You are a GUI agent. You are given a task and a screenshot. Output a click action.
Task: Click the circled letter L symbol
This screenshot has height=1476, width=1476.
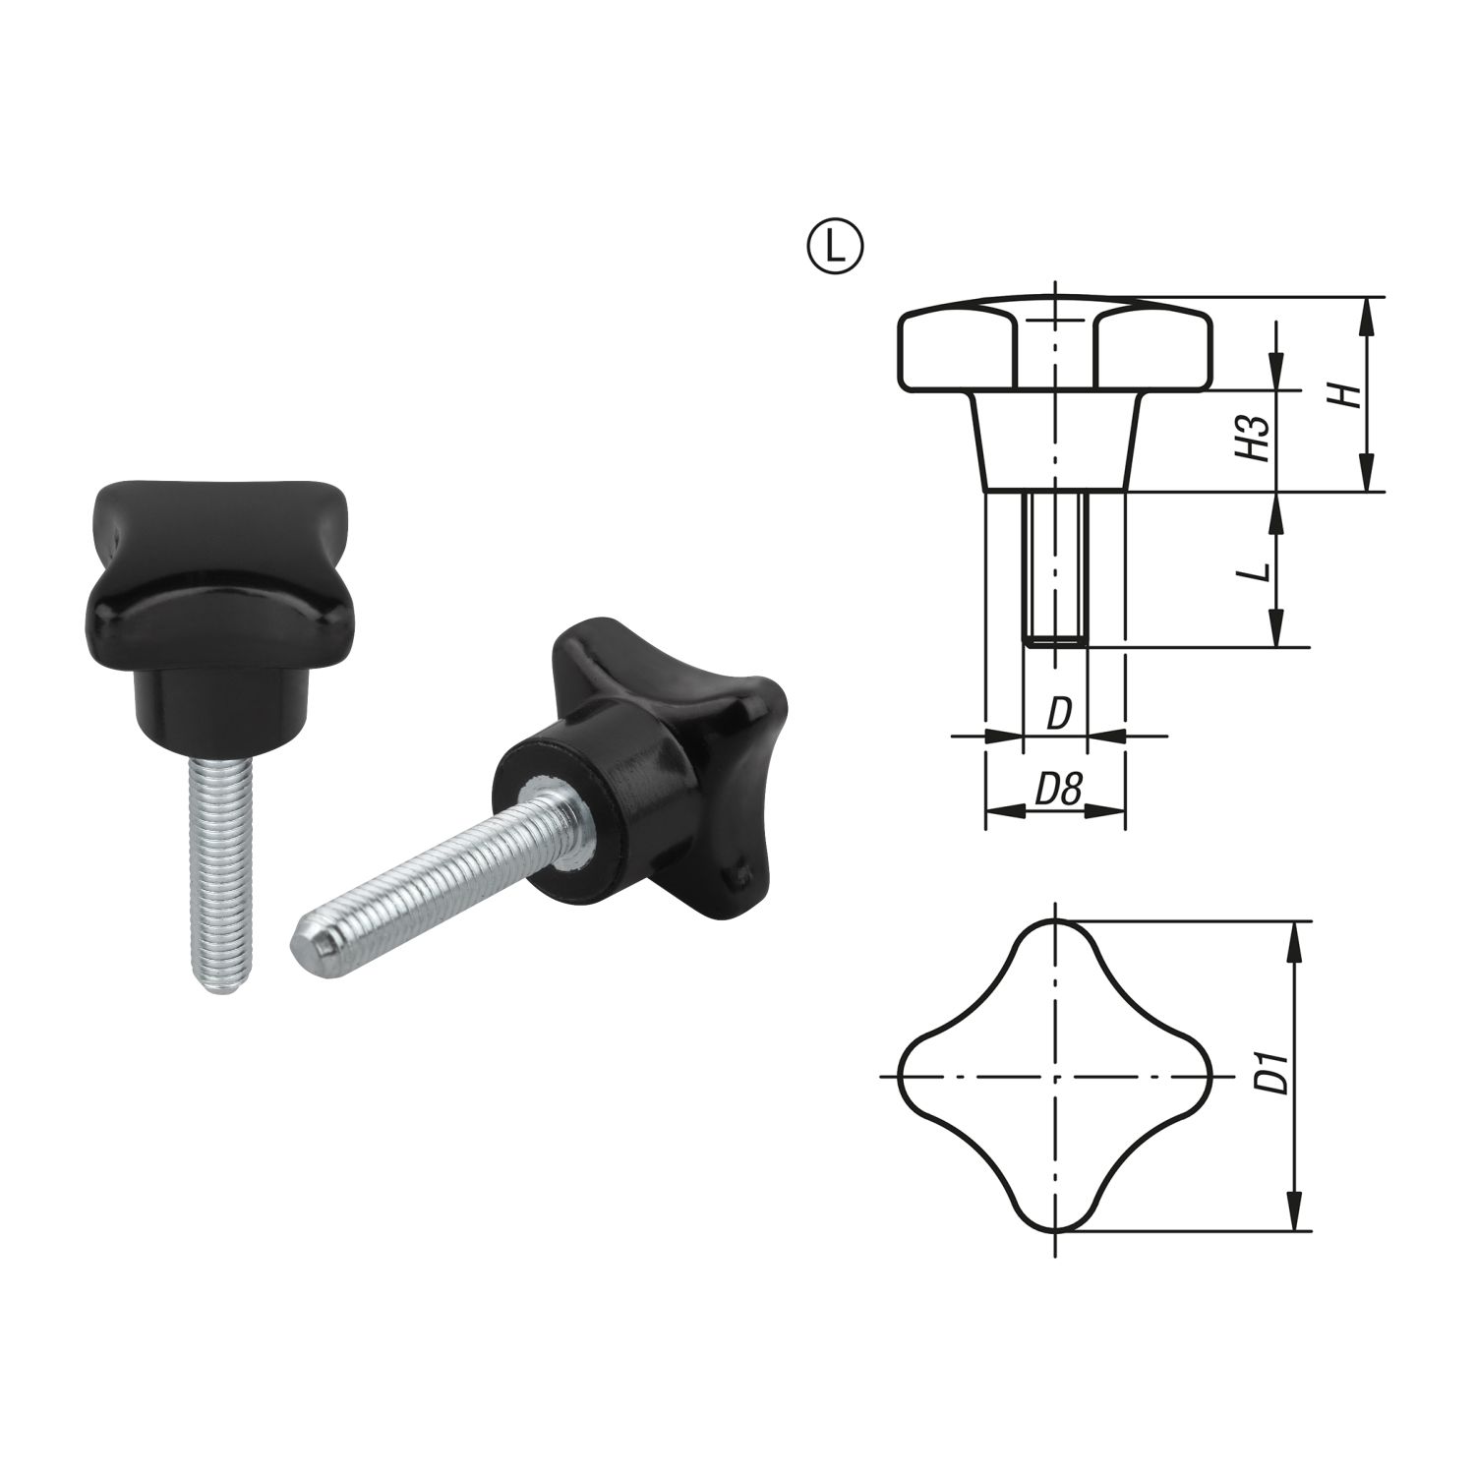[x=836, y=246]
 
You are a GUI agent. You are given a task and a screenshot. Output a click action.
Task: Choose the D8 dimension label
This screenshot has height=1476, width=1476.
[x=1057, y=790]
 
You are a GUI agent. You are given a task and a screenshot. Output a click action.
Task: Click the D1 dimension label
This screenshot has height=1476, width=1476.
[x=1275, y=1073]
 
